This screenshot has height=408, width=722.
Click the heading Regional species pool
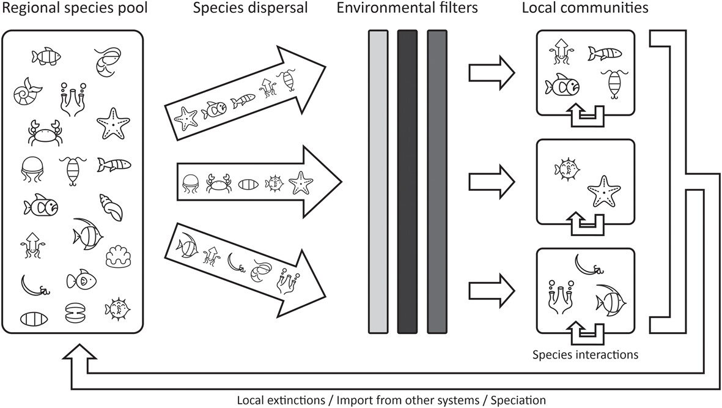[73, 9]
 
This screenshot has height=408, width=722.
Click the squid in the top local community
[559, 50]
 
